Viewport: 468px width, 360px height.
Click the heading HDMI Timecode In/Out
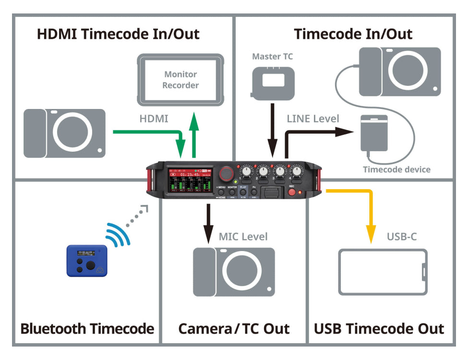119,35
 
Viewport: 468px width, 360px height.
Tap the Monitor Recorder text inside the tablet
180,80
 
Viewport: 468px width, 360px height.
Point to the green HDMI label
154,119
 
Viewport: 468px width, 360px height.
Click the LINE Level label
313,119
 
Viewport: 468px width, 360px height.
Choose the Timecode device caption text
396,169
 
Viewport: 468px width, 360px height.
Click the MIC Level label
243,236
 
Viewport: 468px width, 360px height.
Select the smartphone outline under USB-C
383,272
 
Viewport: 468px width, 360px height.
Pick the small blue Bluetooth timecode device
87,261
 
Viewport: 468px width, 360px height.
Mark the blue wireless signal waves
116,233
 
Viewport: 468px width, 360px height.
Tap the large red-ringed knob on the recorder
225,173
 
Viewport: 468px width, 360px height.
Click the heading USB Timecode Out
379,329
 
